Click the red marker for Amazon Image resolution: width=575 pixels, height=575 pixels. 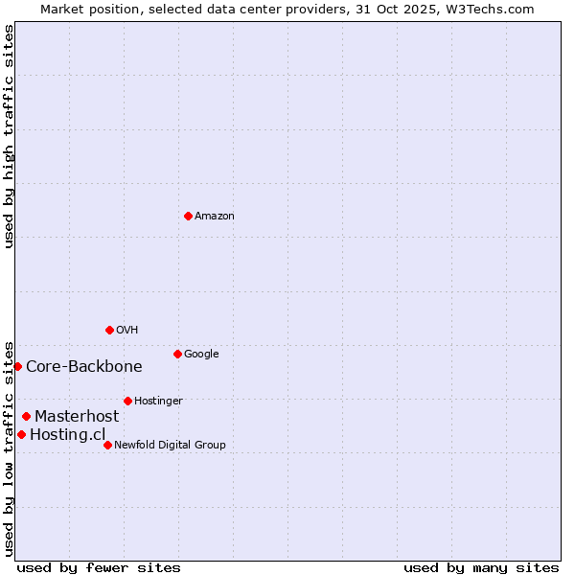[188, 216]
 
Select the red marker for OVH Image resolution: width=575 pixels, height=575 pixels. [109, 330]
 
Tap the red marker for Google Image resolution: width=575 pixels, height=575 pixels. [177, 354]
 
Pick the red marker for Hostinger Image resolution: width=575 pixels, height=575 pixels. [127, 401]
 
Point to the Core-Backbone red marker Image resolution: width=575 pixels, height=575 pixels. [17, 366]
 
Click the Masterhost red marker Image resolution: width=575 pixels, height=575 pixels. [26, 416]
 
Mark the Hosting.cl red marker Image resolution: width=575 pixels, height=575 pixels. [21, 434]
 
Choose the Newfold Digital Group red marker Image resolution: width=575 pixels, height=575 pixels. [107, 445]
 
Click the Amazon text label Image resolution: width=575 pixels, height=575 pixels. [215, 216]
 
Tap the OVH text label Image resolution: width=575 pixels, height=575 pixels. [127, 330]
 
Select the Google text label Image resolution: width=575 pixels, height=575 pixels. [201, 354]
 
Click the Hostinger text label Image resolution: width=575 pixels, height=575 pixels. [158, 401]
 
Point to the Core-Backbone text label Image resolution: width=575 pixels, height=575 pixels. [84, 366]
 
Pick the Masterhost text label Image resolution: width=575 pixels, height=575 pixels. [77, 416]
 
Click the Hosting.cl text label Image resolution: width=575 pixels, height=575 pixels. [67, 434]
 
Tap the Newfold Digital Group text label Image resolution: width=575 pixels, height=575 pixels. [170, 445]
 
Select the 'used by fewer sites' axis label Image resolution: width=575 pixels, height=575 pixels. [99, 567]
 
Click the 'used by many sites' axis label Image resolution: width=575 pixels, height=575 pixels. [481, 567]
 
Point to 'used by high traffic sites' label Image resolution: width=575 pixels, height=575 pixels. [9, 136]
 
